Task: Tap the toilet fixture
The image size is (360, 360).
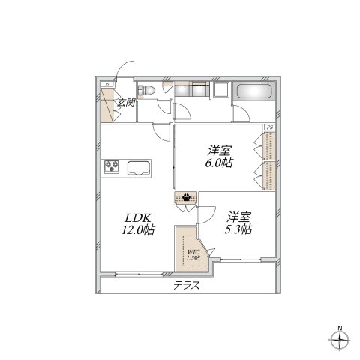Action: coord(148,91)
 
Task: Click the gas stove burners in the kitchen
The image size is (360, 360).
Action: coord(113,166)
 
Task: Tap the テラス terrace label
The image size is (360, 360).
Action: coord(188,286)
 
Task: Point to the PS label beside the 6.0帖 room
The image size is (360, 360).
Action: coord(269,129)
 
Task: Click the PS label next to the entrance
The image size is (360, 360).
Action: coord(109,84)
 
